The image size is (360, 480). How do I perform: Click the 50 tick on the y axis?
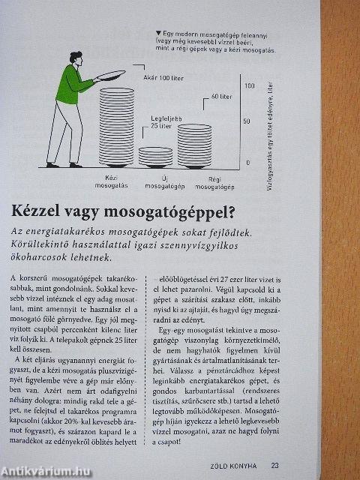[x=248, y=121]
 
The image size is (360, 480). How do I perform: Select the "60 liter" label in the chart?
[x=220, y=96]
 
